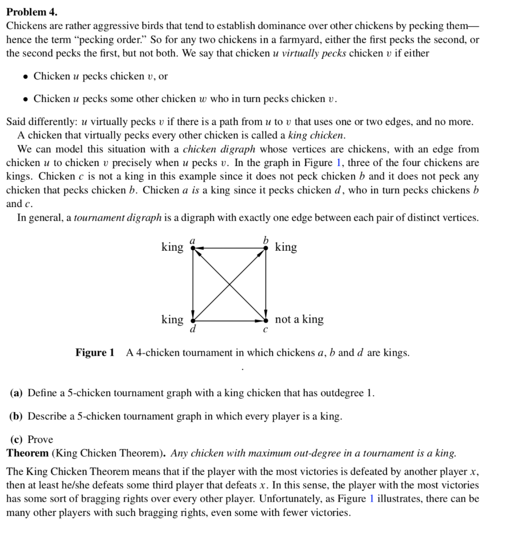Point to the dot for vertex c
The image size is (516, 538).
[x=266, y=320]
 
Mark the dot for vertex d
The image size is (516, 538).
[x=193, y=320]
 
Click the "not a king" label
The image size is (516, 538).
[x=299, y=319]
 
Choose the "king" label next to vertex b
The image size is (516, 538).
[x=286, y=247]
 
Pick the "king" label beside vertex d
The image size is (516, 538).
[x=172, y=319]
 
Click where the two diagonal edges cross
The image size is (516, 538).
[x=230, y=284]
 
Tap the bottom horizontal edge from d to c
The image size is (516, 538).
[x=230, y=320]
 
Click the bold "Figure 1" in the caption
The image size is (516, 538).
[x=95, y=353]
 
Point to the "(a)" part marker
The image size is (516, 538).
[x=17, y=393]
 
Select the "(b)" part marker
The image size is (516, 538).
[x=17, y=416]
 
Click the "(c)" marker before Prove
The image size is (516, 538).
[x=17, y=439]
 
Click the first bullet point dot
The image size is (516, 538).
[x=25, y=77]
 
